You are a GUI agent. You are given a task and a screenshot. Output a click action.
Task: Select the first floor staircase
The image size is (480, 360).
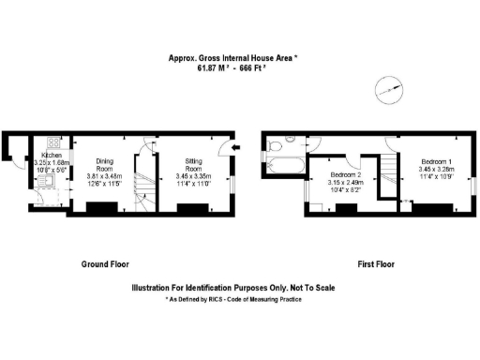click(386, 174)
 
